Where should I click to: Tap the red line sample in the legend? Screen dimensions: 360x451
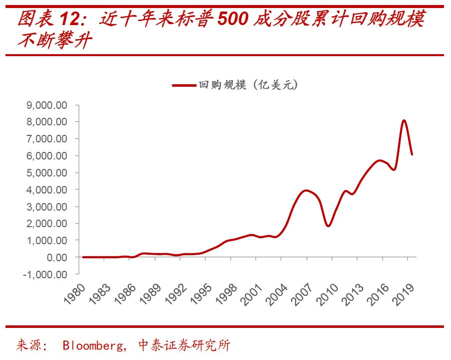coord(183,85)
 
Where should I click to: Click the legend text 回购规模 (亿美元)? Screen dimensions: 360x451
coord(248,85)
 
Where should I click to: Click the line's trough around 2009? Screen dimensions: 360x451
coord(328,226)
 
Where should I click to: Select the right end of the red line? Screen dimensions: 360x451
coord(412,154)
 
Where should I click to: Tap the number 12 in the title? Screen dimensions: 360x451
coord(72,19)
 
